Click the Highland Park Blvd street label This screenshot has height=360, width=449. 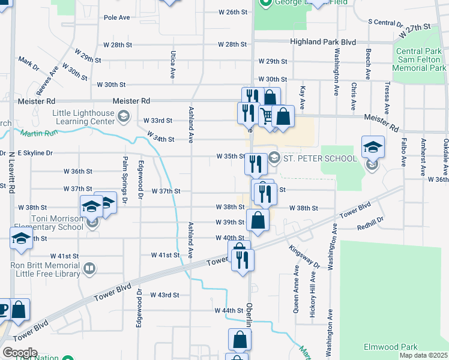pyautogui.click(x=323, y=43)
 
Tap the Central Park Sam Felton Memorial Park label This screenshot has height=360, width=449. pyautogui.click(x=421, y=59)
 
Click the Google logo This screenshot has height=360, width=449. pyautogui.click(x=19, y=353)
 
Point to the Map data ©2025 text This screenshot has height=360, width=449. pyautogui.click(x=423, y=355)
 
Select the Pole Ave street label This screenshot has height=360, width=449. pyautogui.click(x=116, y=17)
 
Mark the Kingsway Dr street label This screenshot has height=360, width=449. pyautogui.click(x=304, y=256)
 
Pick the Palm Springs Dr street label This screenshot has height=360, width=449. pyautogui.click(x=125, y=178)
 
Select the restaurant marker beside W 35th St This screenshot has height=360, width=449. pyautogui.click(x=256, y=163)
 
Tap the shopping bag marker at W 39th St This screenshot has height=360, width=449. pyautogui.click(x=258, y=220)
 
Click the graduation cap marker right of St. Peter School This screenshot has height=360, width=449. pyautogui.click(x=372, y=146)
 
